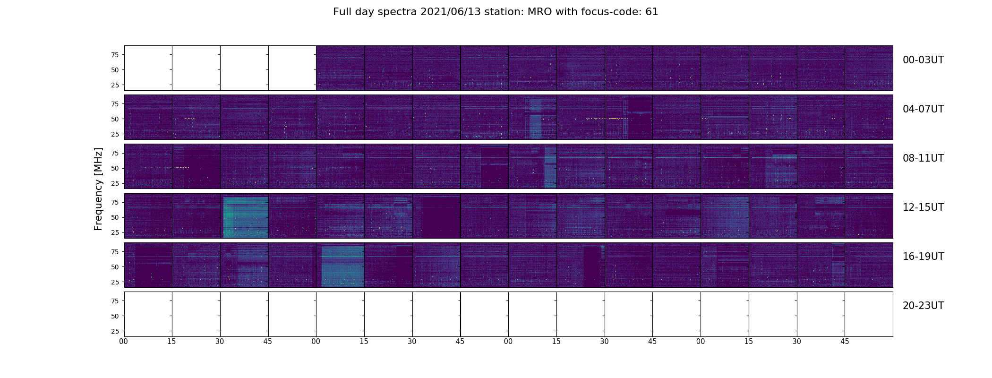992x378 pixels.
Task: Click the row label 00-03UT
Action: (x=923, y=60)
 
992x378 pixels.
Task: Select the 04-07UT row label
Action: (x=923, y=109)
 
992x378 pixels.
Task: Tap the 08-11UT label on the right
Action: (x=923, y=158)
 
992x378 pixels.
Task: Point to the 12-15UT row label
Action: (x=923, y=207)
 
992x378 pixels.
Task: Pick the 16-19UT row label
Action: (x=923, y=257)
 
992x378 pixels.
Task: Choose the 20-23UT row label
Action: (x=923, y=306)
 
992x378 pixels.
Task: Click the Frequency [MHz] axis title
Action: (x=98, y=189)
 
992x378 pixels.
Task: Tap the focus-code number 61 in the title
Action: (x=652, y=12)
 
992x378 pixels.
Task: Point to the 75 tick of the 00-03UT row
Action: (x=115, y=55)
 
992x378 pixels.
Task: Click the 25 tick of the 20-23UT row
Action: (x=115, y=331)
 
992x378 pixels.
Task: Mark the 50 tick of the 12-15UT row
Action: (x=115, y=217)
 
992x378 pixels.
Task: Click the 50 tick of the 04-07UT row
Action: (x=115, y=119)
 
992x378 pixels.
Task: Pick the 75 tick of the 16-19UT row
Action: (x=115, y=252)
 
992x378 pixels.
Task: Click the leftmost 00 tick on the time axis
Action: (x=124, y=342)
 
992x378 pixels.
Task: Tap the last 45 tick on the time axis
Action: (x=845, y=342)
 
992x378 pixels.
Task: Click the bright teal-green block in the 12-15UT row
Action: (x=245, y=217)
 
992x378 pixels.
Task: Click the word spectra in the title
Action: (x=396, y=12)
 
